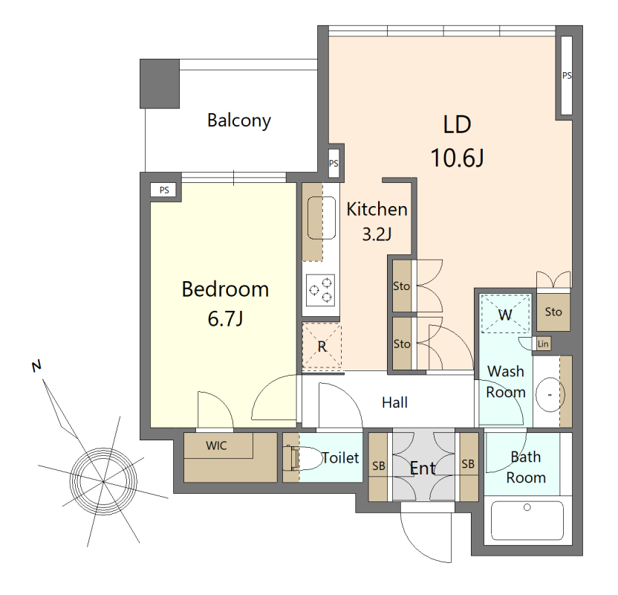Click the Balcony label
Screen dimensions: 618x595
click(x=239, y=120)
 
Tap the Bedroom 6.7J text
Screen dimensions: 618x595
click(x=225, y=303)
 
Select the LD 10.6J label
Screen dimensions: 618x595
click(x=458, y=141)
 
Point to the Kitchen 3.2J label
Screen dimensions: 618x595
click(x=377, y=222)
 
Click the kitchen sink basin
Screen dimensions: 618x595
click(x=321, y=218)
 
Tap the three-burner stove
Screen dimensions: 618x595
click(x=321, y=290)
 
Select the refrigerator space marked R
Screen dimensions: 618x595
click(x=322, y=346)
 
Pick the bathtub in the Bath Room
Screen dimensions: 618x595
click(x=527, y=521)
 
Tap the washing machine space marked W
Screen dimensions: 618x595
click(x=505, y=314)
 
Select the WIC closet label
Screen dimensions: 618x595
click(x=216, y=446)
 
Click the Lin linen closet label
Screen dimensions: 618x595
click(x=543, y=344)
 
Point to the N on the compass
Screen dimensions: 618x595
click(x=36, y=366)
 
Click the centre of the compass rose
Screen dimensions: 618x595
click(x=103, y=481)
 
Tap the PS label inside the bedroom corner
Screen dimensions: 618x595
click(x=164, y=190)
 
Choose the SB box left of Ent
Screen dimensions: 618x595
click(x=378, y=466)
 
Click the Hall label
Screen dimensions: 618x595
click(x=394, y=402)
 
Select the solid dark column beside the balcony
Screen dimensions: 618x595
click(x=160, y=83)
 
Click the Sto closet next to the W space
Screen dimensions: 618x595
click(x=553, y=312)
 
